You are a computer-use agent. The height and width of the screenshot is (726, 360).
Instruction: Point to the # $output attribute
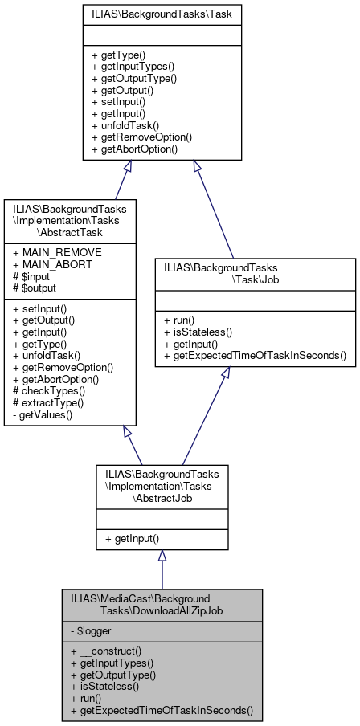click(x=35, y=287)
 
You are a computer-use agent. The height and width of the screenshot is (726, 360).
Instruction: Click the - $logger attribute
click(x=92, y=630)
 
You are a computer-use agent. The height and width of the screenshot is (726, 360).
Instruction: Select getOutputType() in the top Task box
click(x=134, y=79)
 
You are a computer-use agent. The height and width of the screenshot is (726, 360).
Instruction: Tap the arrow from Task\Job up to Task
click(x=213, y=209)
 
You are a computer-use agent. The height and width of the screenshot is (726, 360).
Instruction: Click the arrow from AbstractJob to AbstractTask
click(x=133, y=445)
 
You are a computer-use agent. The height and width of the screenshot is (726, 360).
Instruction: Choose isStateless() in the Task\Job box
click(x=195, y=330)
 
